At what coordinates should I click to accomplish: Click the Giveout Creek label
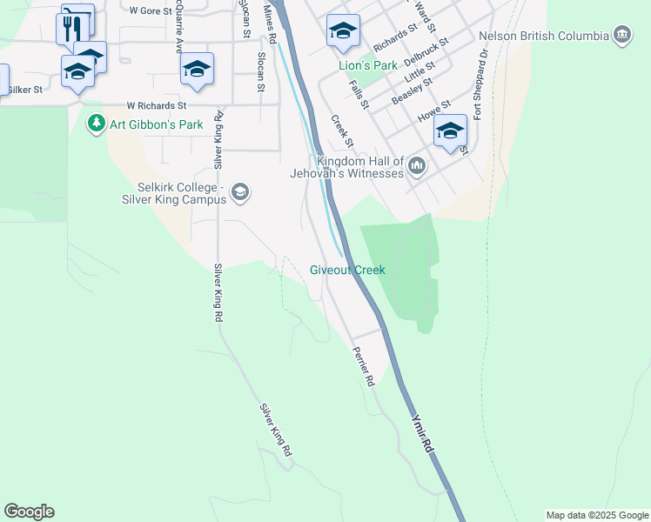point(347,271)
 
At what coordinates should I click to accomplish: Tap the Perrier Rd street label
point(364,366)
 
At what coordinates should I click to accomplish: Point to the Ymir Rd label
point(424,432)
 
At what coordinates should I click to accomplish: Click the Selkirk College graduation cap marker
point(240,192)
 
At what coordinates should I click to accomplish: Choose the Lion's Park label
point(367,65)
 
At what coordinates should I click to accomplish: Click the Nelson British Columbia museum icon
point(622,37)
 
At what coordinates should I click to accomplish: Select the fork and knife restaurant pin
point(71,28)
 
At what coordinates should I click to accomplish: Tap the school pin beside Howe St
point(450,132)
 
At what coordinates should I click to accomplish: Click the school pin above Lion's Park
point(344,32)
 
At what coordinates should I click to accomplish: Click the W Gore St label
point(146,10)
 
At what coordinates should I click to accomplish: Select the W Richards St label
point(158,104)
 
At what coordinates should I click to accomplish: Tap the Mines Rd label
point(271,27)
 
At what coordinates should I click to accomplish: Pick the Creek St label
point(342,130)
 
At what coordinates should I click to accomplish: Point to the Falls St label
point(359,93)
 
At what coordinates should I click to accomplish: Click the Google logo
point(29,512)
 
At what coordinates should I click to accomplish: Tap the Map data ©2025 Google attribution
point(596,515)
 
